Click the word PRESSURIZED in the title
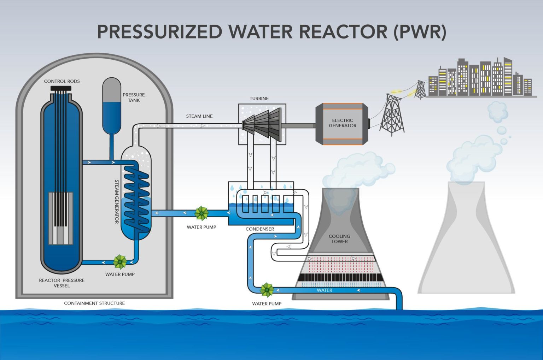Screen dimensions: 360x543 click(159, 32)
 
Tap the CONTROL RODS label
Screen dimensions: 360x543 click(62, 81)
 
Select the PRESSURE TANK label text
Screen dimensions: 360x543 click(134, 98)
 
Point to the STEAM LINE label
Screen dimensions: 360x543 click(199, 116)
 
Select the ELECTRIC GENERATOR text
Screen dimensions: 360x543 click(342, 123)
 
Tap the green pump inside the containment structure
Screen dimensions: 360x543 click(120, 262)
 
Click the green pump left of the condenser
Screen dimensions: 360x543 click(202, 213)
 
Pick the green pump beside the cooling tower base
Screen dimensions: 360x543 click(267, 290)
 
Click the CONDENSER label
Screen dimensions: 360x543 click(260, 229)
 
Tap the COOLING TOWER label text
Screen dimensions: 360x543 click(339, 239)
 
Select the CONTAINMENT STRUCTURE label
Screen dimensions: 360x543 click(94, 303)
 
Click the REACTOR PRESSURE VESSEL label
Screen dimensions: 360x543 click(62, 283)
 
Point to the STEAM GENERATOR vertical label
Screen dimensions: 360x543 click(117, 201)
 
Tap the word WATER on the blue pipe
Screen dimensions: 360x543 click(325, 290)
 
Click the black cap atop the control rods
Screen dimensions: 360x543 click(61, 88)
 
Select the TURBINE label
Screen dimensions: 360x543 click(259, 99)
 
